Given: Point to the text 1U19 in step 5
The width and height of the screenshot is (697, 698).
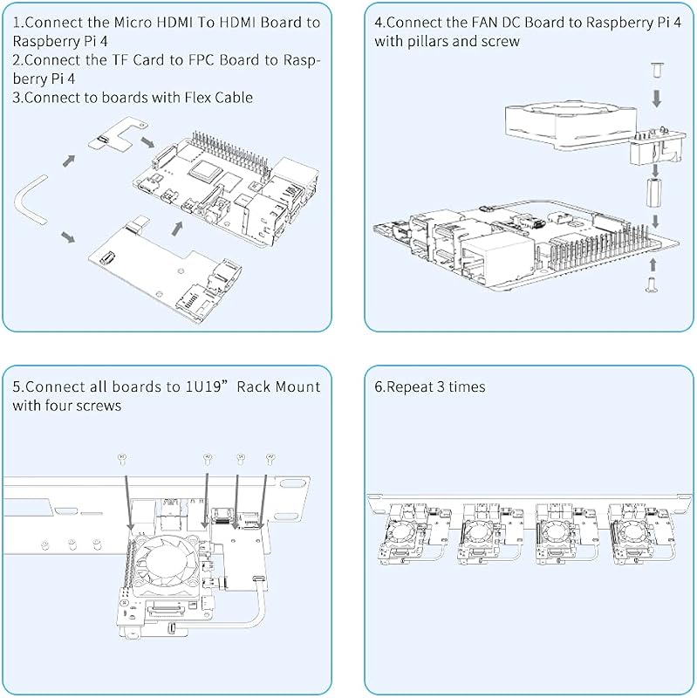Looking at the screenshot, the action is point(206,386).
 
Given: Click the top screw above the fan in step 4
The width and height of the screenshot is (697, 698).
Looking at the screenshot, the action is point(656,71).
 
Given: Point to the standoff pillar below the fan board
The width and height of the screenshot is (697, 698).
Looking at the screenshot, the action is point(653,193).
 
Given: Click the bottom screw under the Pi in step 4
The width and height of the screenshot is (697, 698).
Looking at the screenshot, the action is point(651,284).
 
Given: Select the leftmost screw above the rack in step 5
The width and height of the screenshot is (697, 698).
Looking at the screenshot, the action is point(122,459).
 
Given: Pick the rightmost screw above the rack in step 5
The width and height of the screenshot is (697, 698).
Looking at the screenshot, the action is point(270,459).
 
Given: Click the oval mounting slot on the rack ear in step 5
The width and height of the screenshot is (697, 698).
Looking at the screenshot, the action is point(291,484).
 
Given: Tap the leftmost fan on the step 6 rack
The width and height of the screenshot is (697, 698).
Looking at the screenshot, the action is point(403,532).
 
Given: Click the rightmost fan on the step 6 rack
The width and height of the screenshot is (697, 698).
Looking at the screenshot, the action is point(631,532).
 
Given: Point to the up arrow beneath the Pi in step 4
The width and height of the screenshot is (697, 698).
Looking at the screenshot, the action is point(653,264).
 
